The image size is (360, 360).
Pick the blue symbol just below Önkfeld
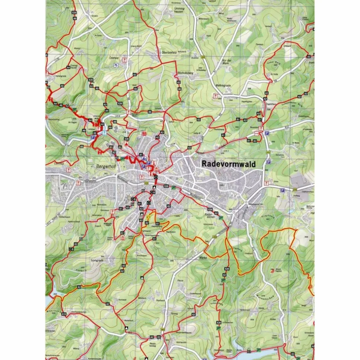(x=116, y=66)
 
